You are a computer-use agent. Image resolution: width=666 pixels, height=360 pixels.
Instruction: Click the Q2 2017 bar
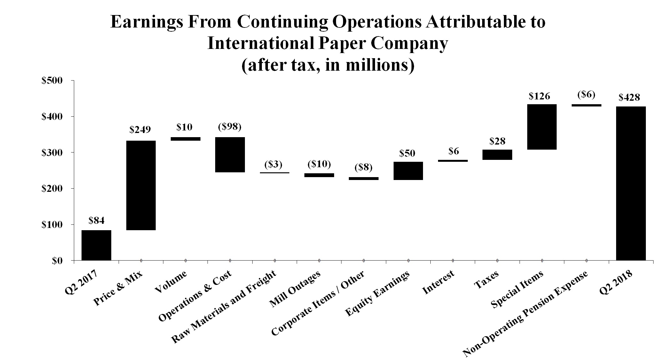click(96, 245)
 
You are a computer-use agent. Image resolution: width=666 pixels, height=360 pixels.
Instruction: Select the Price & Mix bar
click(141, 185)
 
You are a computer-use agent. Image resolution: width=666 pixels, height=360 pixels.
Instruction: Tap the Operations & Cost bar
click(230, 155)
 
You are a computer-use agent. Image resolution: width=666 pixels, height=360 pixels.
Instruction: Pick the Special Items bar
click(542, 127)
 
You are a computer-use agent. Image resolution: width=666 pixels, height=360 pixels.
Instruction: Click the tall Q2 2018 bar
click(631, 183)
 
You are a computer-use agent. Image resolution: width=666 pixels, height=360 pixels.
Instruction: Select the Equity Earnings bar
click(408, 171)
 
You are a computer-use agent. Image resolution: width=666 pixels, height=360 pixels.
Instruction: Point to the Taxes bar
click(497, 155)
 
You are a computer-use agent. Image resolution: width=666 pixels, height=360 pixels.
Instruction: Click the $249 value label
click(140, 129)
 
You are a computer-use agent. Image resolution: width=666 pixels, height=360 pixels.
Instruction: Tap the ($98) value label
click(230, 127)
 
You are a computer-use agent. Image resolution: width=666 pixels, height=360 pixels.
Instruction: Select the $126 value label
click(539, 96)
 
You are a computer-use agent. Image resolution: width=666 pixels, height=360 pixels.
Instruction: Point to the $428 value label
click(629, 97)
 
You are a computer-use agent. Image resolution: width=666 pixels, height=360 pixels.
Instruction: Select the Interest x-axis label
click(438, 283)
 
